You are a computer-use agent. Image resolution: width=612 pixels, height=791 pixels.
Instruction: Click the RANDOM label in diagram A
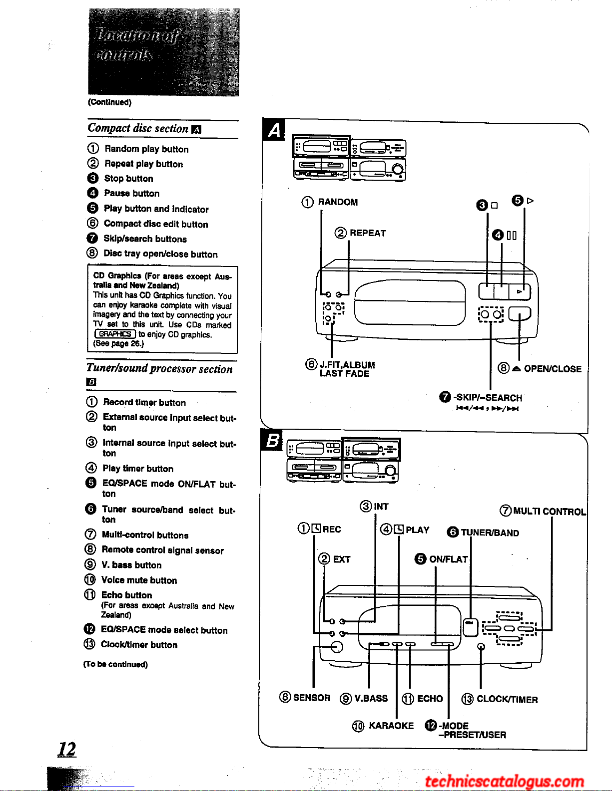click(337, 202)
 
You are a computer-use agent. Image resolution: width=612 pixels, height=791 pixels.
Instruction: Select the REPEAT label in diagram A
click(368, 233)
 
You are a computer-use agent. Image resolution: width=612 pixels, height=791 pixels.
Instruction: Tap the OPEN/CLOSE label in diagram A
click(552, 369)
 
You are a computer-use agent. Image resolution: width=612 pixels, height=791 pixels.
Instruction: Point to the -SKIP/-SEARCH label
click(487, 398)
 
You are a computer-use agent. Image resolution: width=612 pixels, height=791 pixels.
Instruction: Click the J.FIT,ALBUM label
click(347, 365)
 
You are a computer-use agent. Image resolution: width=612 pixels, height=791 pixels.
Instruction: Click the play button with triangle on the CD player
click(520, 291)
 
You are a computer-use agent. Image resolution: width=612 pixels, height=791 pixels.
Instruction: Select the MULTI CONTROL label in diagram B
click(549, 511)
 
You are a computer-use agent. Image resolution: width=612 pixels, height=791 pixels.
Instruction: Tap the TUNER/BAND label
click(489, 532)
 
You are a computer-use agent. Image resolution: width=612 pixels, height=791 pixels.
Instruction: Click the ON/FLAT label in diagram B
click(448, 559)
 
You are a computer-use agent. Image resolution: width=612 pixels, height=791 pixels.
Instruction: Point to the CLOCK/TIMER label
click(507, 699)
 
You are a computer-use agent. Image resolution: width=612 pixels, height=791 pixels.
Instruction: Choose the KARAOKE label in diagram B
click(391, 726)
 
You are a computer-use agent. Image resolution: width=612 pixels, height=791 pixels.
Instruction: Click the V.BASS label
click(371, 698)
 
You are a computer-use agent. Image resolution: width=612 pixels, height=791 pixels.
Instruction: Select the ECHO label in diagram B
click(430, 699)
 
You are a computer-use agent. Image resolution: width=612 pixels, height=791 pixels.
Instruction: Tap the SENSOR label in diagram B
click(311, 698)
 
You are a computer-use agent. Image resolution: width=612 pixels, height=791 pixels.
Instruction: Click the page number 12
click(67, 749)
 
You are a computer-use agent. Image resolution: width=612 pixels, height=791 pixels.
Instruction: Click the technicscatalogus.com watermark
click(504, 781)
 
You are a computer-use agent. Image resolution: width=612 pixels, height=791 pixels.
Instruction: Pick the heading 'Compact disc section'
click(138, 128)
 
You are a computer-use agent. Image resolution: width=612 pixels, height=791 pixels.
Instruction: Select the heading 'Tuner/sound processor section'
click(159, 369)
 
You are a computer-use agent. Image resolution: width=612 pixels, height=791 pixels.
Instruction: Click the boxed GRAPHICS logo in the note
click(115, 334)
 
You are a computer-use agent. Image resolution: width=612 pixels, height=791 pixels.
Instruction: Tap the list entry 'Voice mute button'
click(139, 580)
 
